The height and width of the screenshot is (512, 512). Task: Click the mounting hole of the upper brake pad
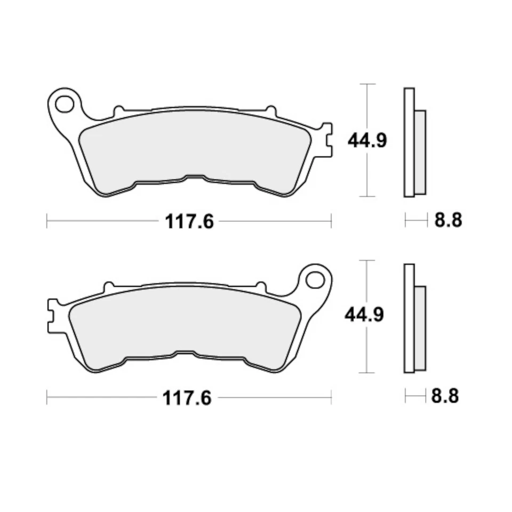65,104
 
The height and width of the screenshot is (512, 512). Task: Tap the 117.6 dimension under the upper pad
189,221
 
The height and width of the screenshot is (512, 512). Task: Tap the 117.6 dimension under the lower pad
187,397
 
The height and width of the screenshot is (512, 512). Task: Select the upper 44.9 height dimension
367,141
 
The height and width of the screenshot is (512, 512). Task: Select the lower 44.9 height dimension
364,315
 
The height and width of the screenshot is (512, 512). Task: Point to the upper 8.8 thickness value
448,220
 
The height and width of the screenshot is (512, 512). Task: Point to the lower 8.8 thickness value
445,396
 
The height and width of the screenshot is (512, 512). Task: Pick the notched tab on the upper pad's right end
326,140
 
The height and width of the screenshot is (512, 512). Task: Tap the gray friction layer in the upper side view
420,152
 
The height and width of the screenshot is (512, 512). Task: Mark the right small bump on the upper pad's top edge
271,111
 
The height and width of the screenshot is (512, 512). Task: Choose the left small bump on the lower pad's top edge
109,287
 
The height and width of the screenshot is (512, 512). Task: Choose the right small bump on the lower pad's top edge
261,287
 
